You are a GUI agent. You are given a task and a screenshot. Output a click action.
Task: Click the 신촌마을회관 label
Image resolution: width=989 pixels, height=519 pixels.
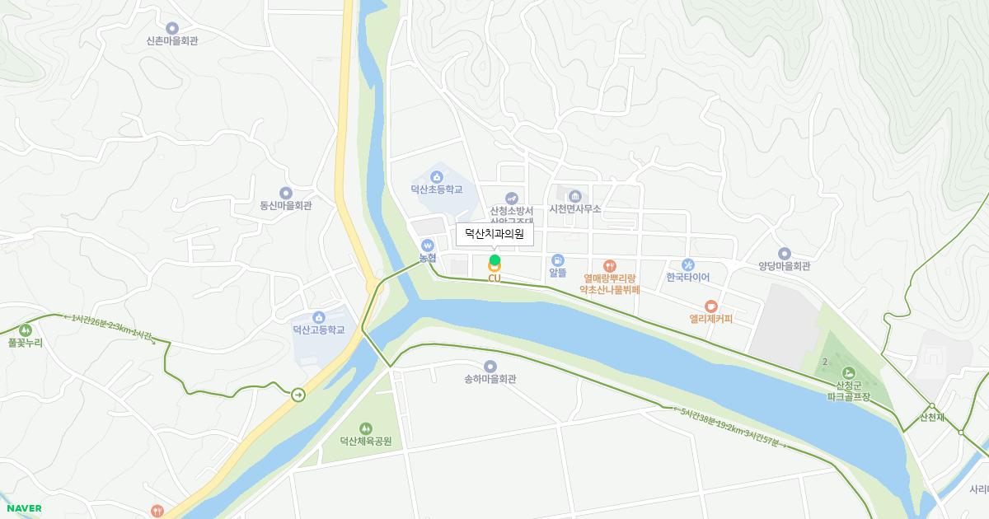pos(172,40)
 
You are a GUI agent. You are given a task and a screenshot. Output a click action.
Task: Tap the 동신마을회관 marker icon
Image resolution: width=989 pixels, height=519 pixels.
pos(286,193)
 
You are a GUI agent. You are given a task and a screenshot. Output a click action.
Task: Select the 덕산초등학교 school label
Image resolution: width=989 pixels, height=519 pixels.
pos(437,189)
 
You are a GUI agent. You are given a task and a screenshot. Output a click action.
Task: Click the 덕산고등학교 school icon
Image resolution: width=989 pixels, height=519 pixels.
pos(319,317)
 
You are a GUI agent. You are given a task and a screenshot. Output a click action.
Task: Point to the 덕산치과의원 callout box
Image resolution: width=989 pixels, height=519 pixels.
pos(494,234)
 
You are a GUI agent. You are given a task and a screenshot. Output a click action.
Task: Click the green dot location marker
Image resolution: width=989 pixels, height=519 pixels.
pos(494,260)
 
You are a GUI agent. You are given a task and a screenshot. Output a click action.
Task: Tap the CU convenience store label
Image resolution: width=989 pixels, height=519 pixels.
pos(494,278)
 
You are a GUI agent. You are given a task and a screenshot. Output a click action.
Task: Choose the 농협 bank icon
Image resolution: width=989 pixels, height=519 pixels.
pos(427,245)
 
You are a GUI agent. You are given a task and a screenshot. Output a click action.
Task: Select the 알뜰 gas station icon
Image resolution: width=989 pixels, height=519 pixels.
pos(558,260)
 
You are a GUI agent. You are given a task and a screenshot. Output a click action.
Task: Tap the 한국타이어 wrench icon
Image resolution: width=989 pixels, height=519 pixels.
pos(688,264)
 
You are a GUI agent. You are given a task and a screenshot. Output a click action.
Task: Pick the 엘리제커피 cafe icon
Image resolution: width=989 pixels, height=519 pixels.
pos(711,306)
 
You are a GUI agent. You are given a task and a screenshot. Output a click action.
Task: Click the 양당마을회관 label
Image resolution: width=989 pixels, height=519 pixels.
pos(785,266)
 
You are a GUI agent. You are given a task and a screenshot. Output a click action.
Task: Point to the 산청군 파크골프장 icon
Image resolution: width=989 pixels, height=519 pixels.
pos(849,372)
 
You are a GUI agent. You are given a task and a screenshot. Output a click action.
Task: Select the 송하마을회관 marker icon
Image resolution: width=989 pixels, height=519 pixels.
pos(490,366)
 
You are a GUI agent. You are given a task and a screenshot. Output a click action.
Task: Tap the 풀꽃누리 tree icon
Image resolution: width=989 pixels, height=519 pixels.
pos(25,330)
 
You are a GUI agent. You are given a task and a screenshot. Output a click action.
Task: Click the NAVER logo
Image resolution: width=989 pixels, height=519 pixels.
pos(23,508)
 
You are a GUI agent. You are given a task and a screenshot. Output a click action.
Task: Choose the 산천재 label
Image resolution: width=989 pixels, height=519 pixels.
pos(932,417)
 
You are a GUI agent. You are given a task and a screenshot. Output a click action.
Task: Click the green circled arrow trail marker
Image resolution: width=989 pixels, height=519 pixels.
pos(298,395)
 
